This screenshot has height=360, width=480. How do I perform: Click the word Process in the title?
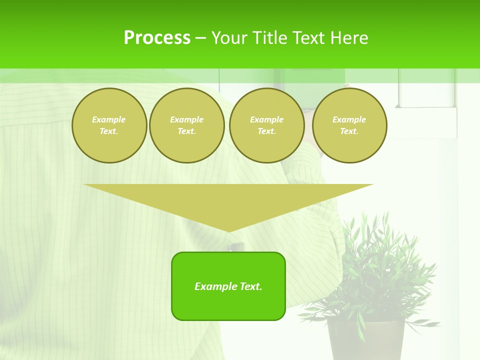157,38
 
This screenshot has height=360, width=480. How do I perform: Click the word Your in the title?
229,38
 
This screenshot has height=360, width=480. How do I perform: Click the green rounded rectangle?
228,305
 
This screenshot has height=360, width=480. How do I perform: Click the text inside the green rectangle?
228,286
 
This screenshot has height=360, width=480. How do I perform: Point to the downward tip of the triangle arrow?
229,230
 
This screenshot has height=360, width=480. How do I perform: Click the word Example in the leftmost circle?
109,119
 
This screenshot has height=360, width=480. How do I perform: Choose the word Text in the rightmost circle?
349,131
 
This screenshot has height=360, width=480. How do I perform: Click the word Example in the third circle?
266,119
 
